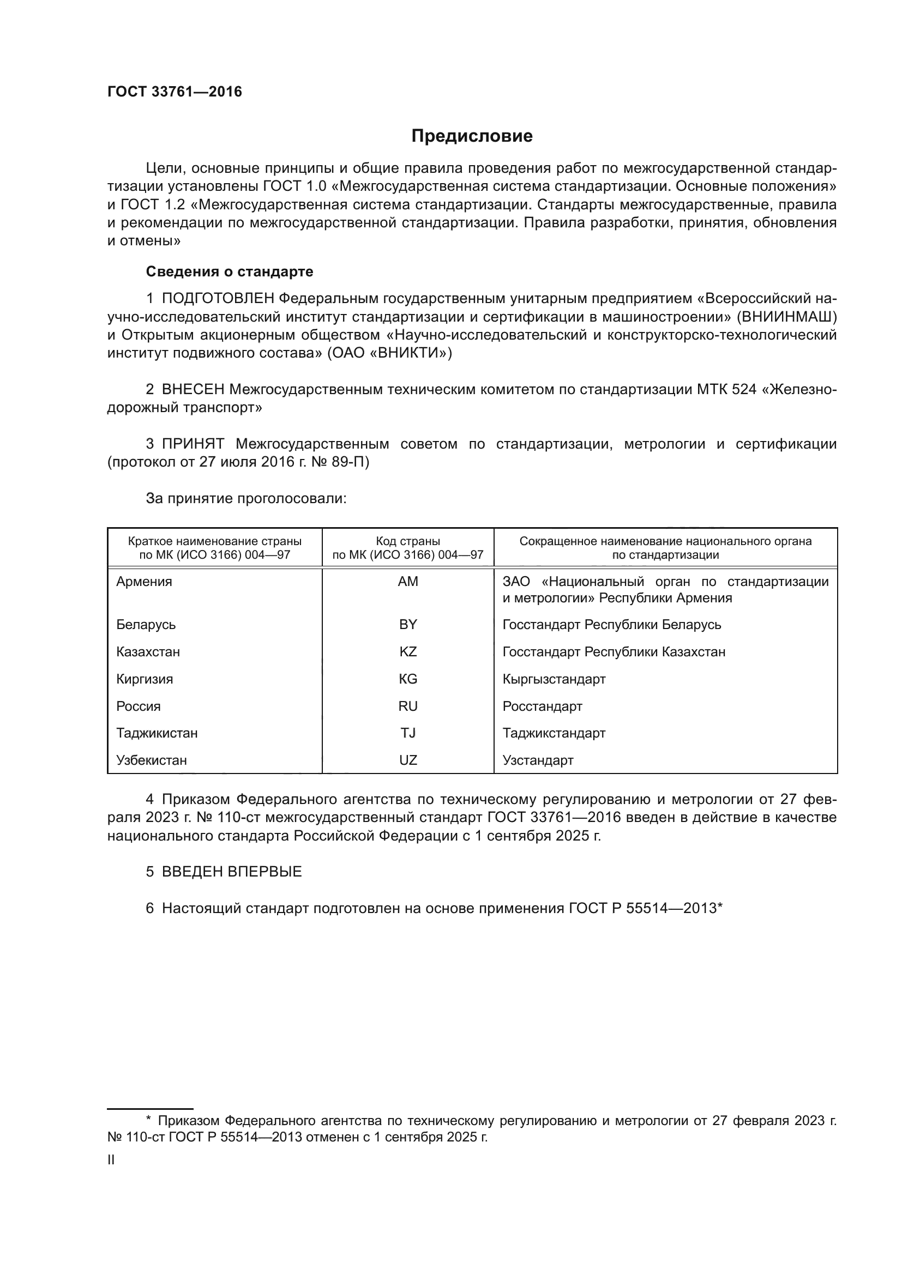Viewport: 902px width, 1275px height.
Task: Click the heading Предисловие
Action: (472, 136)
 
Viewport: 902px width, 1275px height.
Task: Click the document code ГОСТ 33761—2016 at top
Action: (175, 92)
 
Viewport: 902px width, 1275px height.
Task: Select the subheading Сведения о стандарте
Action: (230, 271)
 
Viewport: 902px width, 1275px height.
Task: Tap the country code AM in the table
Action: (408, 582)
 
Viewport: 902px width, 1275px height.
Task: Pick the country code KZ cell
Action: (408, 651)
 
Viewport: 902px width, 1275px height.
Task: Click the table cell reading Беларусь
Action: (146, 625)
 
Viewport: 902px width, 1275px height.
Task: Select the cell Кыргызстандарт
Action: (554, 679)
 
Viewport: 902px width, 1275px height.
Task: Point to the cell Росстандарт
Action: (542, 706)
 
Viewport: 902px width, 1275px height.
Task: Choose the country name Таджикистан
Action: (157, 733)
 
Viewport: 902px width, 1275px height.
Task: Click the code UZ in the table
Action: (408, 760)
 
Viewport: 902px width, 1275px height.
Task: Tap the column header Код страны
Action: (408, 541)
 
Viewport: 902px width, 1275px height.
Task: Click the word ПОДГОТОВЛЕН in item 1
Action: (218, 299)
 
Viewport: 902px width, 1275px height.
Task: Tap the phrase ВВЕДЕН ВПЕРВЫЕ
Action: (232, 871)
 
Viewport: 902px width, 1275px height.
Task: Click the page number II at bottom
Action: (111, 1160)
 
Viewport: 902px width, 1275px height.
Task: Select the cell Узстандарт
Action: (538, 760)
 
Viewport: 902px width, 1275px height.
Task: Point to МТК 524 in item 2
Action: (726, 389)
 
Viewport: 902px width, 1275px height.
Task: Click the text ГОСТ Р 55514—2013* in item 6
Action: (645, 908)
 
